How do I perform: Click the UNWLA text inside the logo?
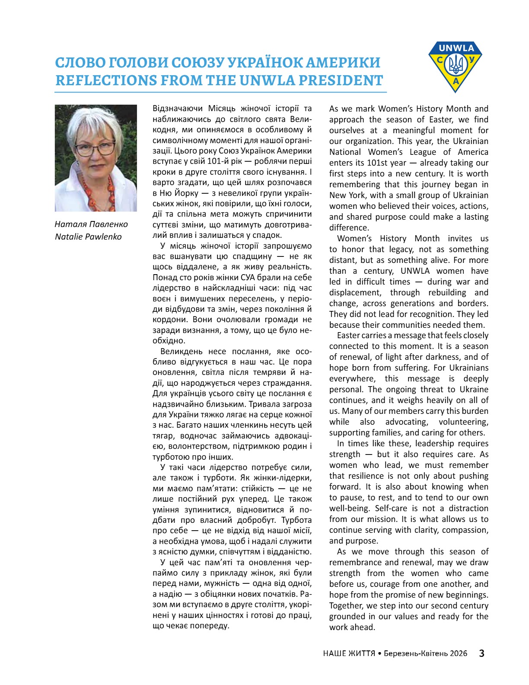[x=456, y=48]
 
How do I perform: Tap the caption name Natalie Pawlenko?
[x=88, y=237]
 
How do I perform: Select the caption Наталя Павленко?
[x=91, y=224]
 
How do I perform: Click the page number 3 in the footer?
[x=481, y=653]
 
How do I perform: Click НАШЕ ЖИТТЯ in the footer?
[x=349, y=653]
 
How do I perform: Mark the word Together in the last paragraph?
[x=346, y=606]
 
